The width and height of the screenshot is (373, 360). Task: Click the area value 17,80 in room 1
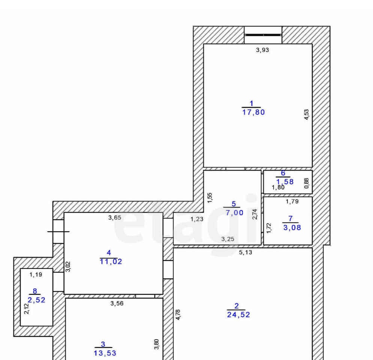(253, 112)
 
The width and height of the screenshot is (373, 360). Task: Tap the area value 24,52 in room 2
(238, 315)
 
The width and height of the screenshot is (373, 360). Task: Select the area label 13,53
(105, 353)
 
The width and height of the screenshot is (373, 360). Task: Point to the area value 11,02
(111, 262)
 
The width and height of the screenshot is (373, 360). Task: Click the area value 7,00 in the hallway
(235, 213)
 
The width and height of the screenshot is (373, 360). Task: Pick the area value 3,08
(292, 228)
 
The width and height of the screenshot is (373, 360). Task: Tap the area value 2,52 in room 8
(36, 300)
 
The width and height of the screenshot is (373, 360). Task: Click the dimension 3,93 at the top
(262, 50)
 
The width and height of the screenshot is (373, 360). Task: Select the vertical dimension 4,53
(307, 114)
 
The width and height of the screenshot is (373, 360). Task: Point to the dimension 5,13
(246, 252)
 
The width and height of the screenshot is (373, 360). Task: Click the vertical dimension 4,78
(178, 315)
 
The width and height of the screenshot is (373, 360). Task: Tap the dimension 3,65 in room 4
(115, 217)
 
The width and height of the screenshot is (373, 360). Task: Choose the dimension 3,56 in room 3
(117, 303)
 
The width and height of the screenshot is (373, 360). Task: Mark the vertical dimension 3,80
(156, 344)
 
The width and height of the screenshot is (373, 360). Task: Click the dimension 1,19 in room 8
(36, 274)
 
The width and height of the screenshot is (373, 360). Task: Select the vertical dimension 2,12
(27, 309)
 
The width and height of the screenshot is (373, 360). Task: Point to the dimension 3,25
(228, 239)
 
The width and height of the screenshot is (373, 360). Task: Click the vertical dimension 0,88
(307, 183)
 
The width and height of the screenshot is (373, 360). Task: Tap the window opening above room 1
(263, 35)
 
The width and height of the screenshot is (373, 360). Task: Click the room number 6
(283, 173)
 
